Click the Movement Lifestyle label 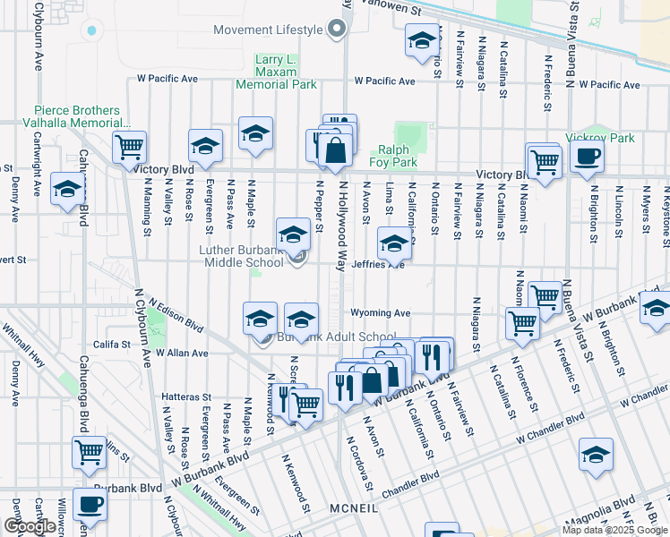coord(267,30)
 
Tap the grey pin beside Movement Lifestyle coord(337,30)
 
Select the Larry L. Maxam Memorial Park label coord(276,72)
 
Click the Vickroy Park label coord(600,138)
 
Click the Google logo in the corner coord(30,526)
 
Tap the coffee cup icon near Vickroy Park coord(587,157)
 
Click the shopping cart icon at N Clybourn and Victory coord(130,146)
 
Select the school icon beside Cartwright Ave coord(68,189)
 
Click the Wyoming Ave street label coord(384,313)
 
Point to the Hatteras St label coord(186,396)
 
